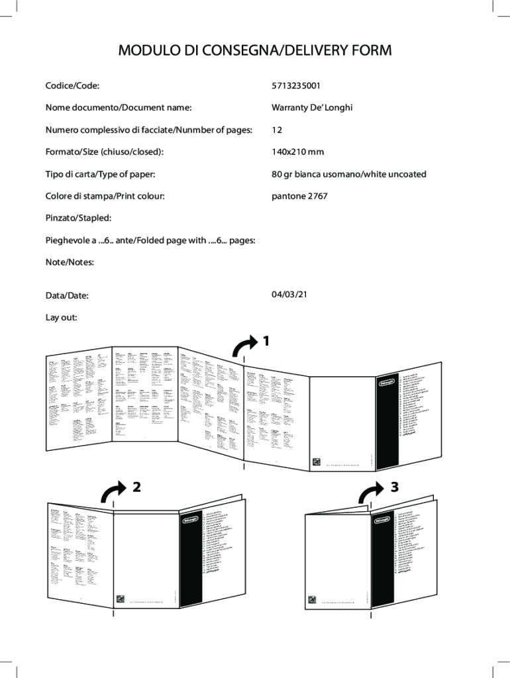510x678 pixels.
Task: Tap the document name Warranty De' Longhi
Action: point(312,108)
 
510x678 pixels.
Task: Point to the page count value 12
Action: point(277,130)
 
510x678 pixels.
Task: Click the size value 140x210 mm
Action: point(298,152)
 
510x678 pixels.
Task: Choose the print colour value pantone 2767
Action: point(299,196)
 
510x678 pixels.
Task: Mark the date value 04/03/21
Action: point(289,294)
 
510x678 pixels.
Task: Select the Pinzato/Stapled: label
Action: point(78,218)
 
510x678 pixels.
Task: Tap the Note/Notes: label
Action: point(70,262)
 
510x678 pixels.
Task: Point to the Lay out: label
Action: point(62,317)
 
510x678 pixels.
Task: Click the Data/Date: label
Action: point(67,295)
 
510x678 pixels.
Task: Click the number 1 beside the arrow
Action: point(266,342)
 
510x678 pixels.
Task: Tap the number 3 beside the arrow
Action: point(395,487)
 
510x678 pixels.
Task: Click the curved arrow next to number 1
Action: point(243,346)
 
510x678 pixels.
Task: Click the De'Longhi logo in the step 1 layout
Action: point(389,382)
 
